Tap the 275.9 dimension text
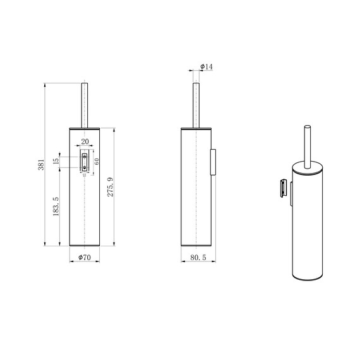click(x=110, y=187)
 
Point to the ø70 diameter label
click(x=83, y=258)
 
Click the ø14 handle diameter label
click(x=206, y=67)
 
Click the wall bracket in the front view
click(x=83, y=161)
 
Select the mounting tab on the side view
click(x=213, y=161)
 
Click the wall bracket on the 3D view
click(x=285, y=188)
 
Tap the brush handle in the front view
click(x=83, y=104)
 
